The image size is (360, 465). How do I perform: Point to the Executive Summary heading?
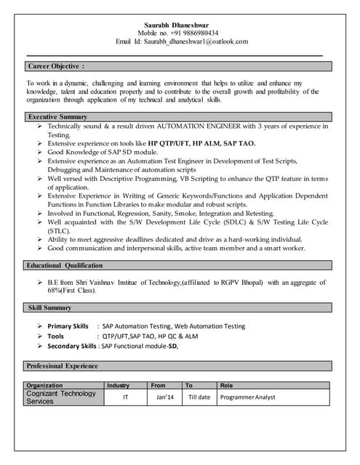[x=57, y=116]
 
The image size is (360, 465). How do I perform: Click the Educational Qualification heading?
[x=65, y=265]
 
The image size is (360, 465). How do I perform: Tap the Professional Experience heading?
[x=62, y=365]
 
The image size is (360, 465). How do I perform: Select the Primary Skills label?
[x=68, y=327]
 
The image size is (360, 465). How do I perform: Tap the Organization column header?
[x=44, y=385]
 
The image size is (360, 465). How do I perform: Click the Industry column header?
[x=118, y=385]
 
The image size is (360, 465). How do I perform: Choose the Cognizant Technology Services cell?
[x=62, y=397]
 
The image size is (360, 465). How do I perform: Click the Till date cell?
[x=199, y=397]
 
